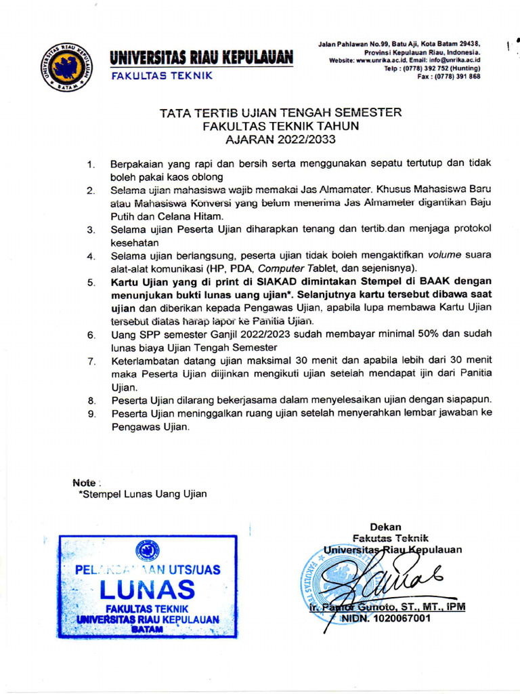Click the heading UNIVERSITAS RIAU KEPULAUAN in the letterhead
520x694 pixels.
pyautogui.click(x=202, y=57)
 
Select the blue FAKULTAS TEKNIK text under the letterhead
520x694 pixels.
pyautogui.click(x=162, y=75)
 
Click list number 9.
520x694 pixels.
pyautogui.click(x=91, y=413)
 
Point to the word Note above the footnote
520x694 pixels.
pyautogui.click(x=85, y=483)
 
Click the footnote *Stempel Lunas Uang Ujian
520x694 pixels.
pyautogui.click(x=143, y=494)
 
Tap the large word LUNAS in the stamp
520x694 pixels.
pyautogui.click(x=147, y=589)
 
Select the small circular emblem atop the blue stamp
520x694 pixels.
pyautogui.click(x=148, y=550)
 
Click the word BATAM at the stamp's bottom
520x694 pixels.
pyautogui.click(x=147, y=629)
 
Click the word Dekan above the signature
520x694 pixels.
pyautogui.click(x=385, y=527)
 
